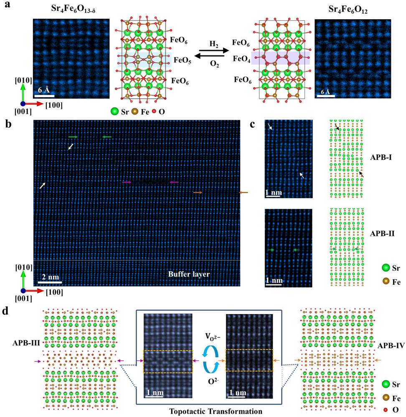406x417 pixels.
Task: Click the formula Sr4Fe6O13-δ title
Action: click(x=71, y=10)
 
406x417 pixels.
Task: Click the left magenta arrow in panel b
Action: click(x=127, y=182)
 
